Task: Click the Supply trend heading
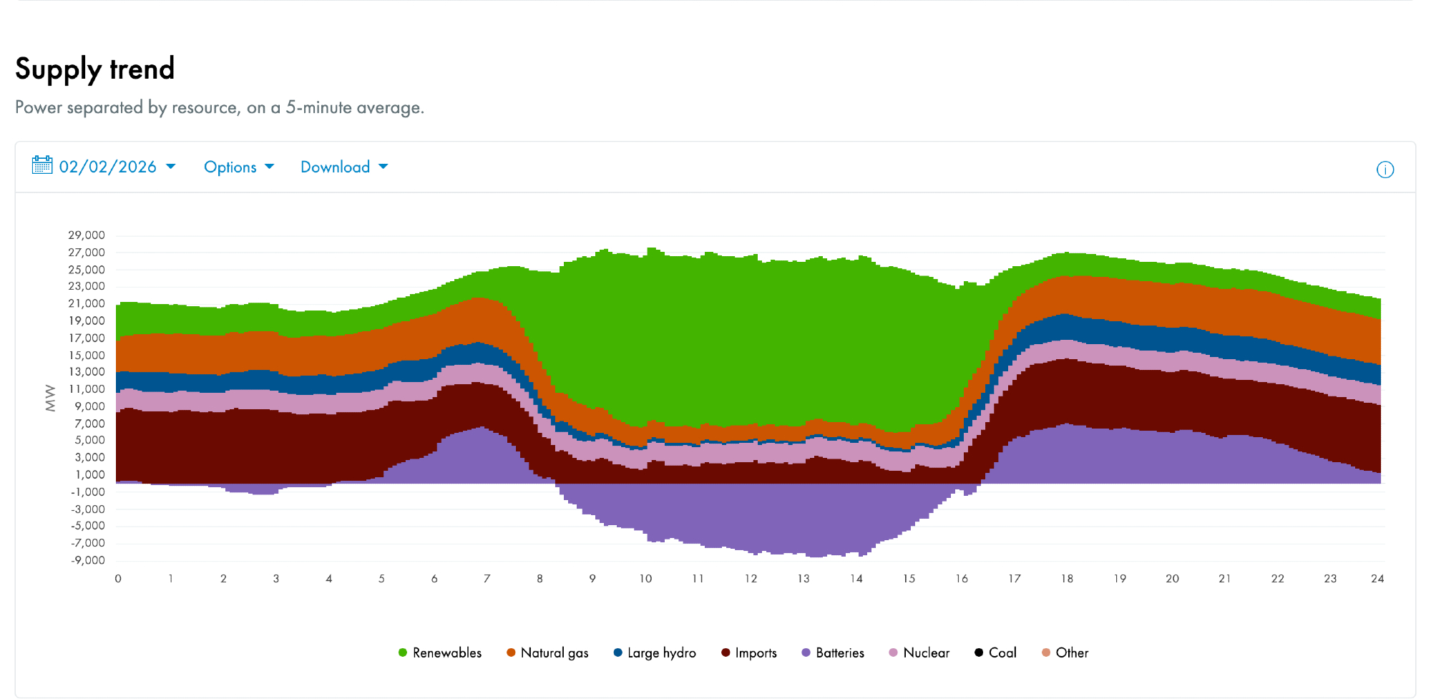pos(95,69)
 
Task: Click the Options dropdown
pos(238,167)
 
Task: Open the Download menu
pos(343,167)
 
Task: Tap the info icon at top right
pos(1385,170)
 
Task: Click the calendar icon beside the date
pos(42,165)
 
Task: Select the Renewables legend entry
pos(440,652)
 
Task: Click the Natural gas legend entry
pos(547,652)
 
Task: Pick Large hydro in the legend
pos(655,652)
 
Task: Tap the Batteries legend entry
pos(833,652)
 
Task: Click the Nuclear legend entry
pos(919,652)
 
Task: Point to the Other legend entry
pos(1065,652)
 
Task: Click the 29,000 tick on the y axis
pos(87,235)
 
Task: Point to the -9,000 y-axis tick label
pos(88,560)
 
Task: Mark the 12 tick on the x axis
pos(751,579)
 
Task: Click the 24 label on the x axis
pos(1377,579)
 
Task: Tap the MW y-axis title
pos(50,398)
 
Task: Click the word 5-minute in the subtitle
pos(318,107)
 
